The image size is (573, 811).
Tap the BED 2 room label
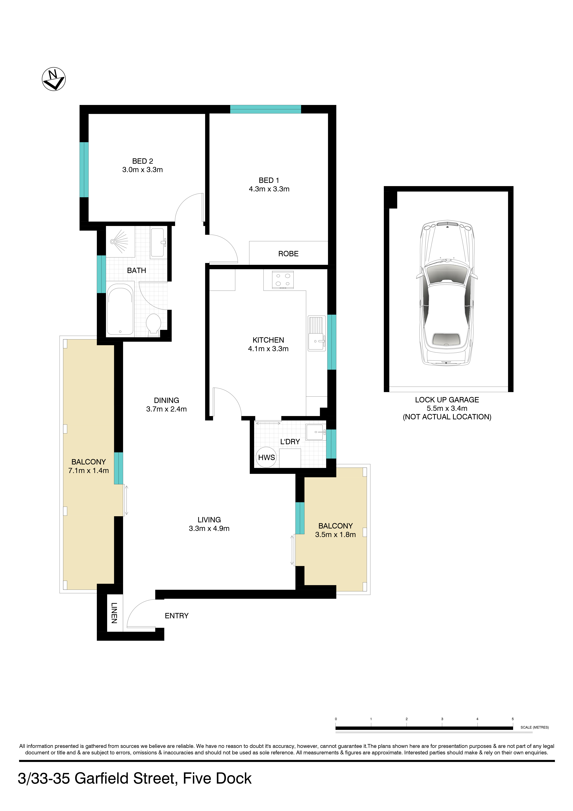pos(143,161)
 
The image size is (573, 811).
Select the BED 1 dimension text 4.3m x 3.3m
pos(269,189)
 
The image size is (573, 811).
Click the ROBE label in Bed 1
pos(288,254)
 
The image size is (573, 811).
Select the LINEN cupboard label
pos(114,613)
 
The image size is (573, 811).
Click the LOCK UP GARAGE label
pos(447,400)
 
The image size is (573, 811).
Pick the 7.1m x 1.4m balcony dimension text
pos(89,470)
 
